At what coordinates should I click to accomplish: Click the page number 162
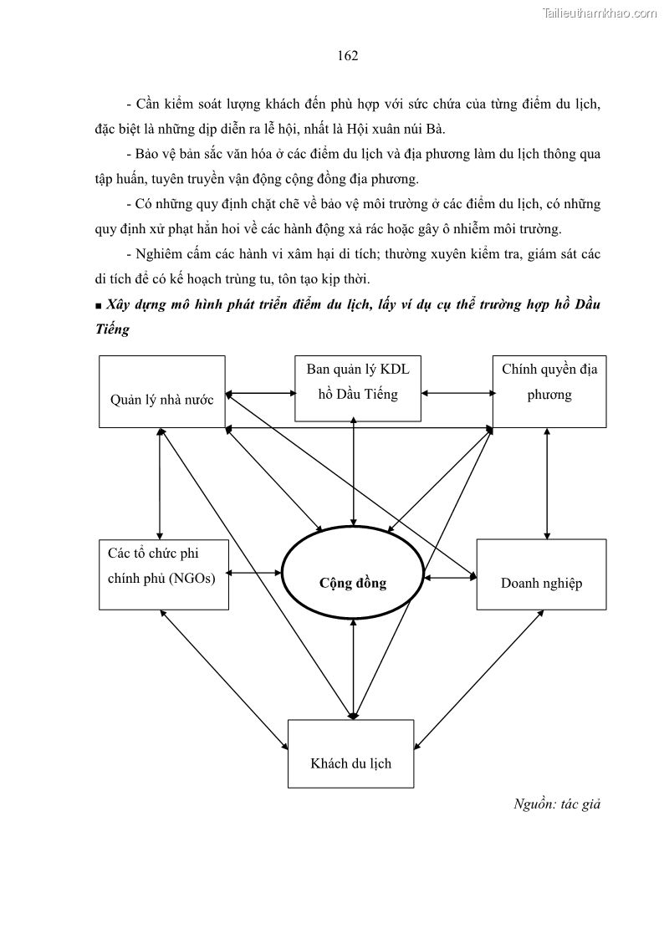tap(348, 56)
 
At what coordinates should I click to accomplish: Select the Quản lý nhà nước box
tap(161, 391)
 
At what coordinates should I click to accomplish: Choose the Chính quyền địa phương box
tap(549, 390)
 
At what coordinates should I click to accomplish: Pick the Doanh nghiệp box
tap(541, 574)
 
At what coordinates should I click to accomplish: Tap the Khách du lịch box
tap(350, 753)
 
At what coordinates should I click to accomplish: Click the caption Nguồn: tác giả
tap(557, 804)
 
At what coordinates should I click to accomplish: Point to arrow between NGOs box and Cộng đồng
tap(255, 573)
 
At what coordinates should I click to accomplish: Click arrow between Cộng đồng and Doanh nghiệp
tap(450, 577)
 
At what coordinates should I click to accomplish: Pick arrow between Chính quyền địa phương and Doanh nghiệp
tap(547, 483)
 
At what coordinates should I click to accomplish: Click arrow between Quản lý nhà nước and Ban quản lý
tap(260, 391)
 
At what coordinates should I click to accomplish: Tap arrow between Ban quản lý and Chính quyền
tap(457, 391)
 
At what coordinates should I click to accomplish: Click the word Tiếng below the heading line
tap(113, 329)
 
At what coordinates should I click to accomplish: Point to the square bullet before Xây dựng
tap(99, 306)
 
